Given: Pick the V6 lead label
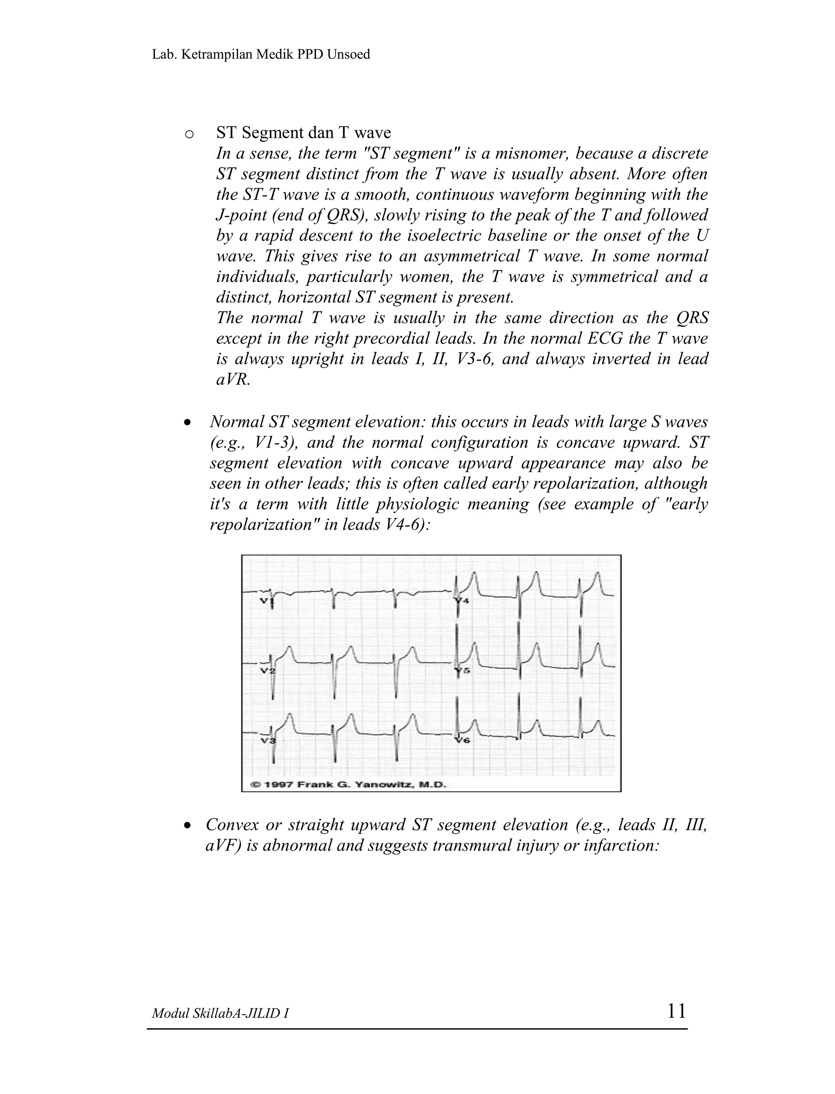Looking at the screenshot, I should [462, 741].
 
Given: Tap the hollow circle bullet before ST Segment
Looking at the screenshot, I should [189, 134].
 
